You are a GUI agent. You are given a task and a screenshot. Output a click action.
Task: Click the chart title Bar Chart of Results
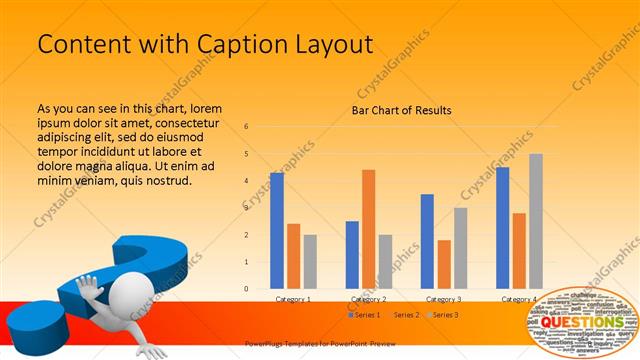401,110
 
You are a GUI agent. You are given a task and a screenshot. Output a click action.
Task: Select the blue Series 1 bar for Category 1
276,230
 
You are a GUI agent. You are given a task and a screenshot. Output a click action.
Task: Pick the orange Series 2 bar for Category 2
368,229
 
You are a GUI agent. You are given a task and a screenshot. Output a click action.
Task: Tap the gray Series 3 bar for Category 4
536,221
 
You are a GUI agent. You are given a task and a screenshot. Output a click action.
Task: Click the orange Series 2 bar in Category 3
444,264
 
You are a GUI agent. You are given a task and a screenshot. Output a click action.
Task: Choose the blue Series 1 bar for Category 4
502,228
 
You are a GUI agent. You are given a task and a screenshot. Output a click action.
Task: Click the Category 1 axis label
293,299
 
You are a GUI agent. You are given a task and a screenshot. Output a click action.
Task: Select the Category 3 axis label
444,299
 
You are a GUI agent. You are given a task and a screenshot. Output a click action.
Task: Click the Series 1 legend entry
364,315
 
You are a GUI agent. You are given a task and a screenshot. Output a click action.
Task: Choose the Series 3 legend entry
444,315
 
